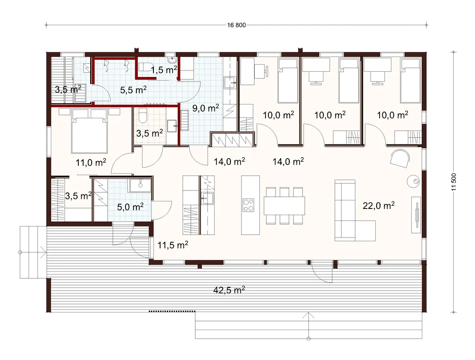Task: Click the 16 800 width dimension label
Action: [x=236, y=25]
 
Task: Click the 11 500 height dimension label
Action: [x=454, y=182]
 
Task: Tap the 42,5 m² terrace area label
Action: [x=229, y=290]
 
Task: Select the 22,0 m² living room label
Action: [x=379, y=206]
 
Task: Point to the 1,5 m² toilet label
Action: [x=164, y=70]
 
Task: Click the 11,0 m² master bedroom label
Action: [x=91, y=162]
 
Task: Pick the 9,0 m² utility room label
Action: [x=206, y=108]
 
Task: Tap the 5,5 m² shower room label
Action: [x=133, y=90]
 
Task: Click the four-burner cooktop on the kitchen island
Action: [x=248, y=205]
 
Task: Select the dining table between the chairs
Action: [x=284, y=206]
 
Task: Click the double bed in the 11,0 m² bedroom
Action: [x=89, y=131]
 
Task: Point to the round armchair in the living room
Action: [x=400, y=158]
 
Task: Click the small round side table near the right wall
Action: [x=414, y=181]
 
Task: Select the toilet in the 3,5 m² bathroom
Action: [x=142, y=116]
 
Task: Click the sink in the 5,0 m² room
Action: [x=140, y=185]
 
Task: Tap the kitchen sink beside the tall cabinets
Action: [x=208, y=198]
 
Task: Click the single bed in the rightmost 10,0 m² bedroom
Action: [x=410, y=81]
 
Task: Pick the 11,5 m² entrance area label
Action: [x=173, y=245]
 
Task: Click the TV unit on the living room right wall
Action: [x=416, y=215]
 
